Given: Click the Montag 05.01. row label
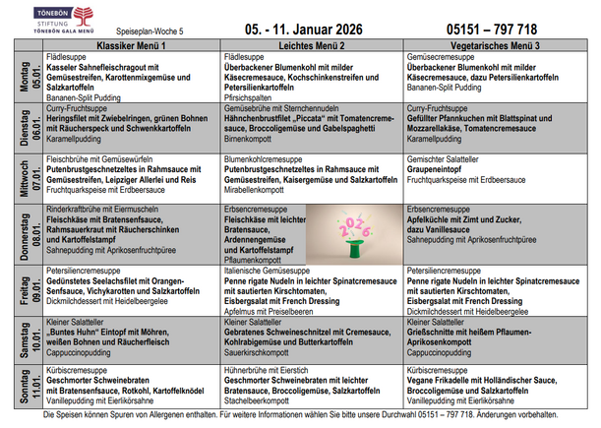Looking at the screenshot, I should pos(21,78).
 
